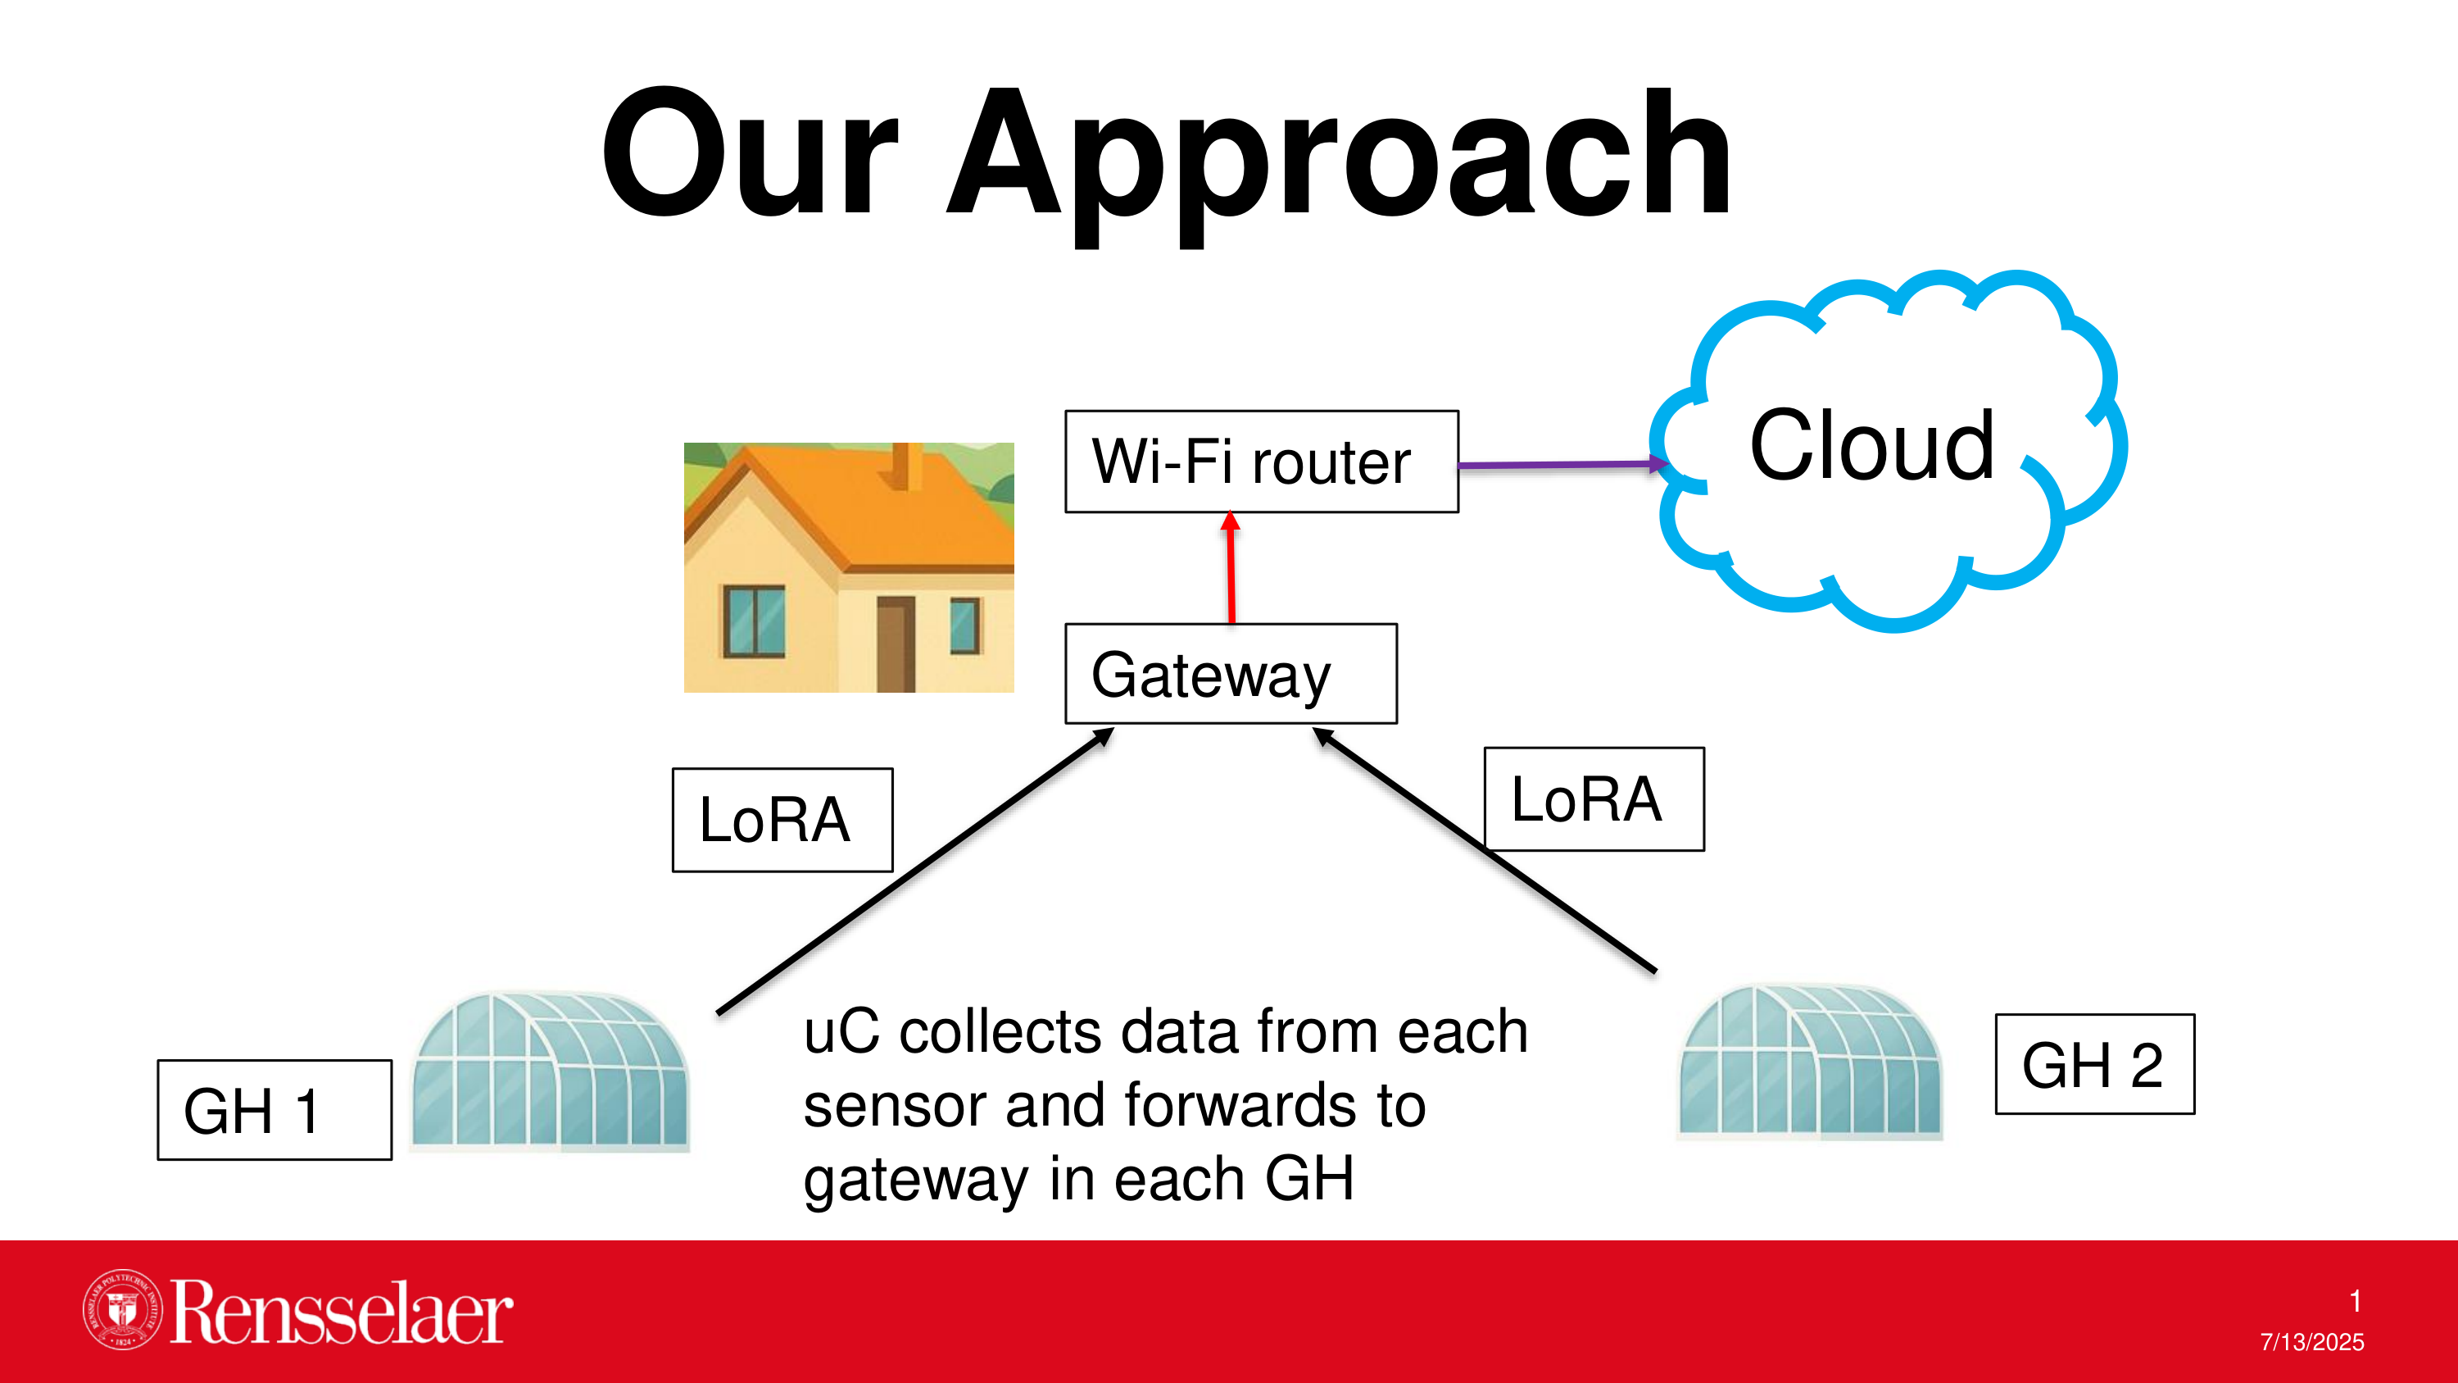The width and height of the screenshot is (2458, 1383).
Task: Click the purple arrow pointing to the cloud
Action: (x=1564, y=465)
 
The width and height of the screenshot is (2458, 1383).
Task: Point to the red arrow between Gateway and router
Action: (x=1231, y=568)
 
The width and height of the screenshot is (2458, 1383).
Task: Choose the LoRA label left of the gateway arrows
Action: (x=782, y=820)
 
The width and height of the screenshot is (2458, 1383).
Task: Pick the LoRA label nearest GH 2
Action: (x=1594, y=798)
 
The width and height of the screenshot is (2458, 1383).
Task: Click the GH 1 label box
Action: (x=274, y=1110)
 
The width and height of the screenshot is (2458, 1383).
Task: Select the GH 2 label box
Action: (x=2094, y=1064)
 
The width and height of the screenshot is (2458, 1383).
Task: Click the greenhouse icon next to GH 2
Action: (x=1810, y=1062)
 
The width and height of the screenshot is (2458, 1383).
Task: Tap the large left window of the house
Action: (x=754, y=621)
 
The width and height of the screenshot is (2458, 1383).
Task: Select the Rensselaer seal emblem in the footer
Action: (x=122, y=1309)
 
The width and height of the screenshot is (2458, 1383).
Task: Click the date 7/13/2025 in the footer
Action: (x=2312, y=1342)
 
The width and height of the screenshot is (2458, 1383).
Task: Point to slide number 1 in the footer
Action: (x=2355, y=1301)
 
